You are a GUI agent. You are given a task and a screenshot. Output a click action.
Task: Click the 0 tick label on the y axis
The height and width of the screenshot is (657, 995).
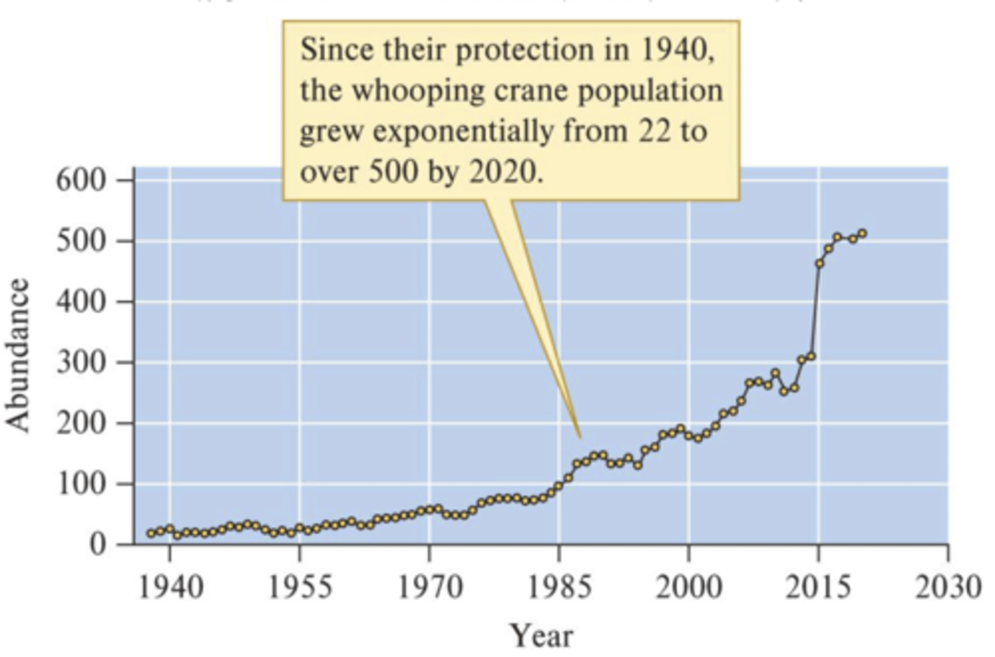click(98, 544)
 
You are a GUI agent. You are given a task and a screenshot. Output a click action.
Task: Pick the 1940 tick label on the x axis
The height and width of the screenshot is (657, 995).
click(171, 587)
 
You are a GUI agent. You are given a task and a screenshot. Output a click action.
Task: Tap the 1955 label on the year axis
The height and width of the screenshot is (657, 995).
click(300, 587)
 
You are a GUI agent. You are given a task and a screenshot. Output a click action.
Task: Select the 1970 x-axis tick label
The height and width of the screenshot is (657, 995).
click(430, 587)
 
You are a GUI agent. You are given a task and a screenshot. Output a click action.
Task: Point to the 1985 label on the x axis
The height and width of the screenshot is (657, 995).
click(560, 587)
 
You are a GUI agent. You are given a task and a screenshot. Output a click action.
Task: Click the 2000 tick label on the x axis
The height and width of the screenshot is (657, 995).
click(689, 587)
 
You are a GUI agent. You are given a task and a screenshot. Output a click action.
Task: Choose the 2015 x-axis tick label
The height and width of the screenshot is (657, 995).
click(819, 587)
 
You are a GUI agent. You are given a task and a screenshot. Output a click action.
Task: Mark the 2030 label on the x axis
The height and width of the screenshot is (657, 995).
click(948, 587)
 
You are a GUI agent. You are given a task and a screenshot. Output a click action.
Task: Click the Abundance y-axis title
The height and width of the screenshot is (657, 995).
click(19, 355)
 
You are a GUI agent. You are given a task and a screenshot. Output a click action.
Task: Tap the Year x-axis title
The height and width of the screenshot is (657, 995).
click(541, 635)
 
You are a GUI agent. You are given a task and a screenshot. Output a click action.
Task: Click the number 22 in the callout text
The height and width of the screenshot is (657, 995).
click(653, 131)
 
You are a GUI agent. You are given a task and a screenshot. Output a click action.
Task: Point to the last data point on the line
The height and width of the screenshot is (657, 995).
click(862, 234)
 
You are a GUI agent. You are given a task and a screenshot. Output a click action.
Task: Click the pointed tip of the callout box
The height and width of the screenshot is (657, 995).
click(580, 437)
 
